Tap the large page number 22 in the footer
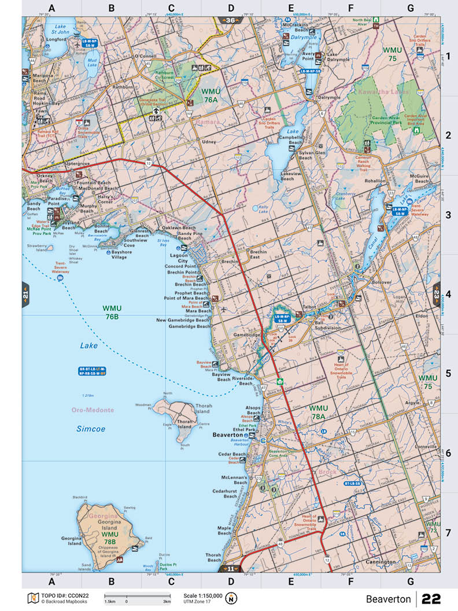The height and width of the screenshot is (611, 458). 431,599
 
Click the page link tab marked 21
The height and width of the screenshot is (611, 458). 25,295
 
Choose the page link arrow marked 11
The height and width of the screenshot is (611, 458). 231,569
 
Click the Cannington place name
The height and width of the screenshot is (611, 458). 379,562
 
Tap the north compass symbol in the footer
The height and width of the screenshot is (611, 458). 232,598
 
